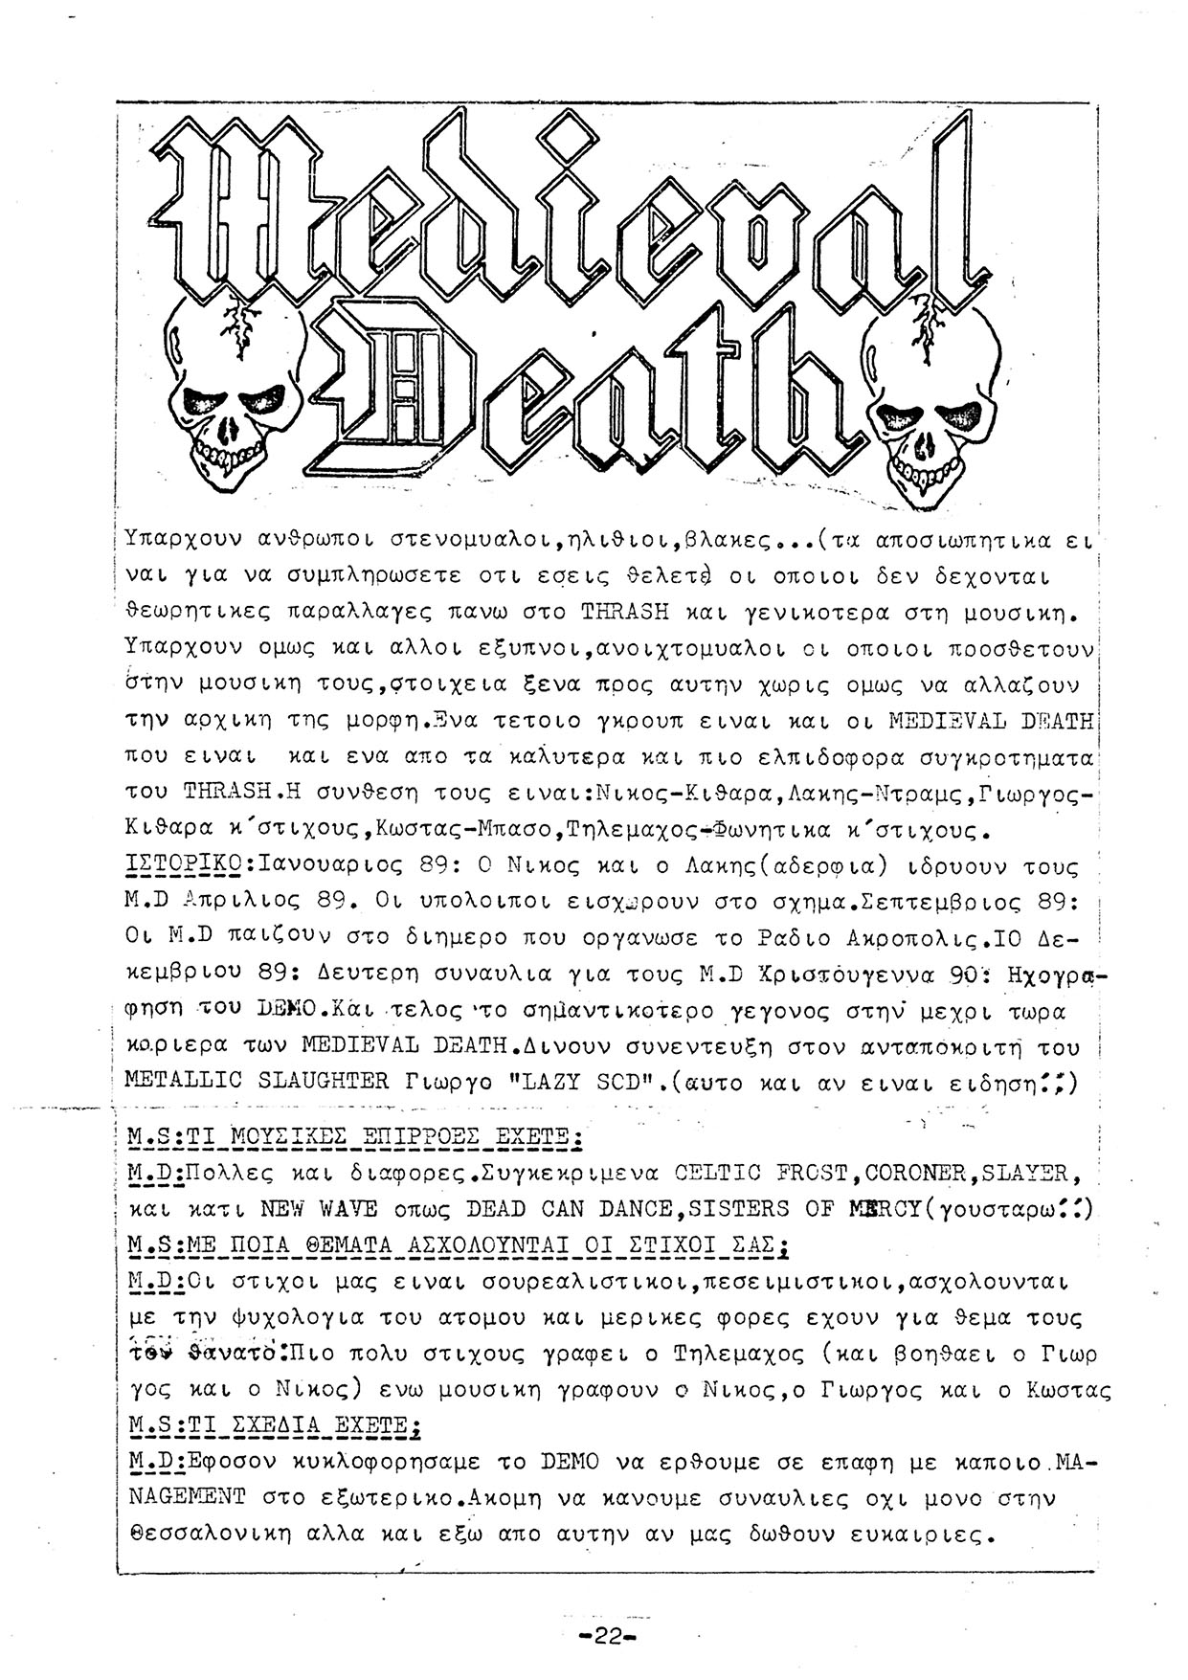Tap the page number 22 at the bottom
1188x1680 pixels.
point(608,1636)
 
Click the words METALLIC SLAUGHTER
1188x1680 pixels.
point(257,1081)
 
